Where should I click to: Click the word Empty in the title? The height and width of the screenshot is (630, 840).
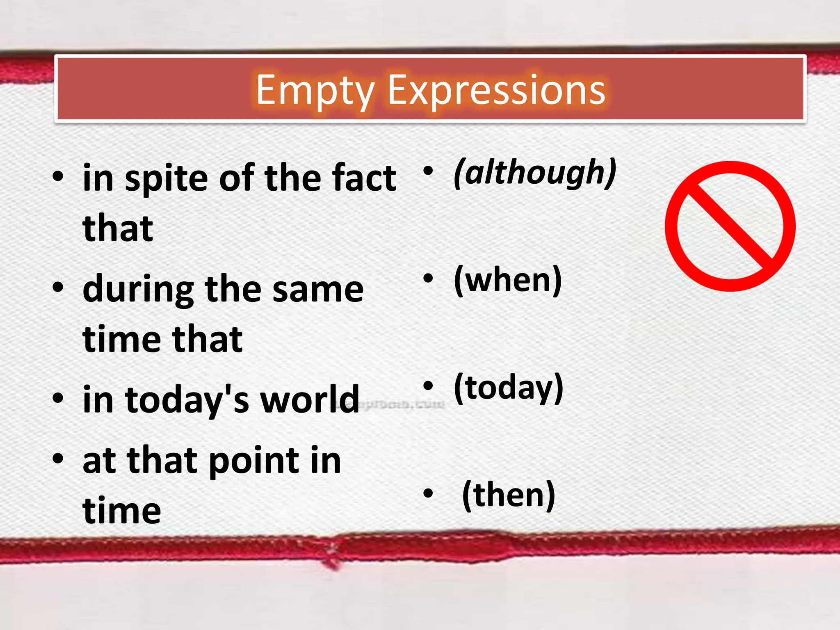point(315,91)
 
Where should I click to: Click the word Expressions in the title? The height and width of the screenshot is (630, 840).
point(496,91)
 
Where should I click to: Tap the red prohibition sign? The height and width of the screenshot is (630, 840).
point(730,226)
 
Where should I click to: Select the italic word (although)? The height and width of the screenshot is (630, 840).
point(535,173)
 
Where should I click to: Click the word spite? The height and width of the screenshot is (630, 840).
point(167,178)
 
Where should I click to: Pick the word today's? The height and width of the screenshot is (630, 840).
point(187,400)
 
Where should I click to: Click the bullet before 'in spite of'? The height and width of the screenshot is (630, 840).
point(58,177)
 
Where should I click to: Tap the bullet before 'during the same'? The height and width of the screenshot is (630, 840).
point(58,288)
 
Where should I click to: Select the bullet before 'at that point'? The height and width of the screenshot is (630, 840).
point(58,458)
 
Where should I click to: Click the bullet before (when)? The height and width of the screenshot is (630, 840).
point(428,278)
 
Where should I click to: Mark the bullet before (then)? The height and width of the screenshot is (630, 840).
point(428,493)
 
